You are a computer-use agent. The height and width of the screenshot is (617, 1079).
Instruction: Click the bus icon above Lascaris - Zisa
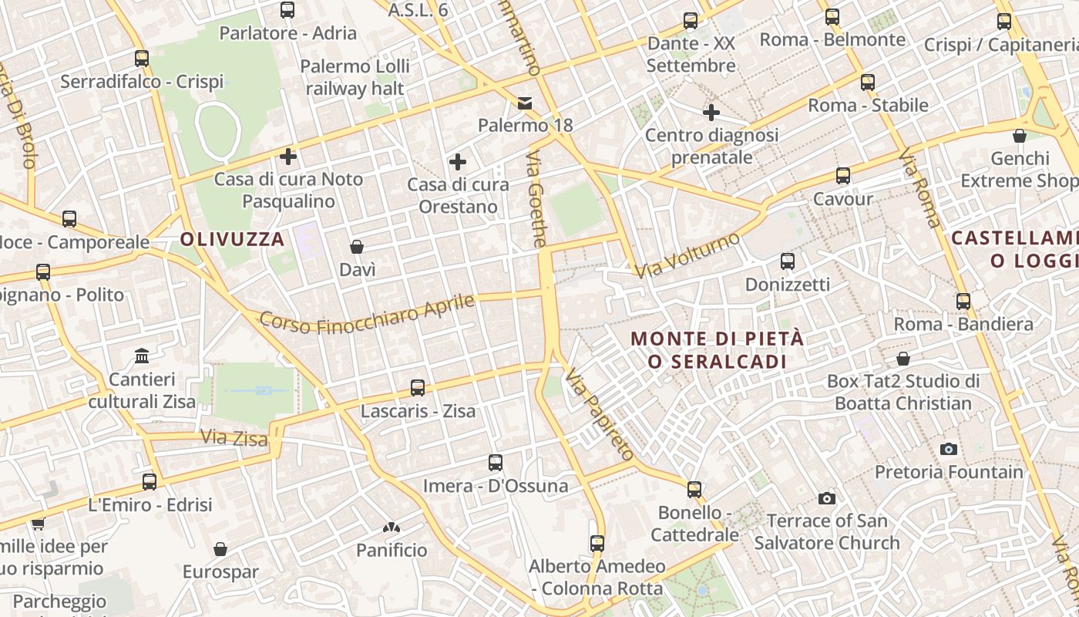point(418,388)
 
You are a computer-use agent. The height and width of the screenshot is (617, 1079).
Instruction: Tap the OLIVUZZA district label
point(233,239)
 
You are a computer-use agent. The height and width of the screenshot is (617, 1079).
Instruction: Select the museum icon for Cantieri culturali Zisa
point(142,356)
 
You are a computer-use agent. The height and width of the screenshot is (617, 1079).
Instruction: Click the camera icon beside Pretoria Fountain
point(949,449)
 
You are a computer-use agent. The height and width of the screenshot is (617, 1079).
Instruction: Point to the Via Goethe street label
point(537,199)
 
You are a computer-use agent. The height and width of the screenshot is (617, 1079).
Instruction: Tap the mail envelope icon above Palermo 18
point(525,103)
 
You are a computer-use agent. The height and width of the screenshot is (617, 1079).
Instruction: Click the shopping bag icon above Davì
point(357,247)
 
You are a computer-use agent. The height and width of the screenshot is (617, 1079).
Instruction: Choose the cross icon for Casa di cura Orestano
point(457,162)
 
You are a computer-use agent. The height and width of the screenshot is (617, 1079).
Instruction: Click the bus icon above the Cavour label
point(843,176)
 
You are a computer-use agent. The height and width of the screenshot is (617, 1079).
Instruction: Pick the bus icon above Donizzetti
point(787,261)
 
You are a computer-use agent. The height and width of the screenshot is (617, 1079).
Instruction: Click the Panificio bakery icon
point(392,528)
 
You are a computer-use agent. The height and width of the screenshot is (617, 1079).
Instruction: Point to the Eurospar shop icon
point(220,549)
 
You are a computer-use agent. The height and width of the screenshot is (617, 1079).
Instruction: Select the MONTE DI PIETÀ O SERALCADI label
point(717,349)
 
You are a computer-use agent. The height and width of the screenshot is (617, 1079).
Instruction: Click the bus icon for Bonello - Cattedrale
point(694,490)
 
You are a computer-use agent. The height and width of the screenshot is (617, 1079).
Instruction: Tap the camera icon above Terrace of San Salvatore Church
point(827,498)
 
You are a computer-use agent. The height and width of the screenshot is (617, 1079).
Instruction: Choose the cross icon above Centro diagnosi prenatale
point(711,113)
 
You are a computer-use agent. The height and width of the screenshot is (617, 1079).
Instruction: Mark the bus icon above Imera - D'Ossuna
point(496,463)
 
